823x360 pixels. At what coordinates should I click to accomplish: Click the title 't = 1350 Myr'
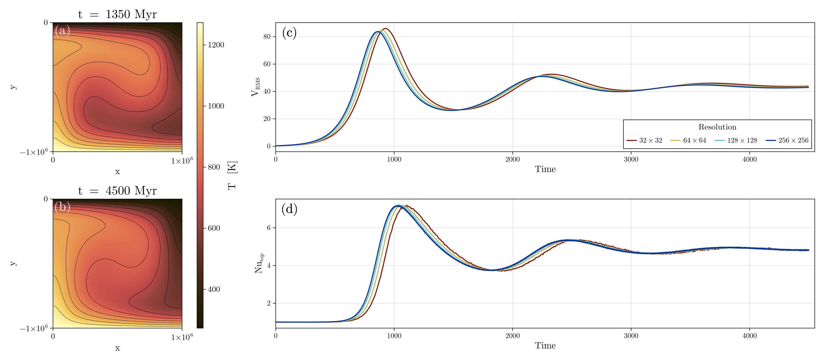(x=117, y=14)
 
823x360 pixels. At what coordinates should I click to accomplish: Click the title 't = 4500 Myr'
(x=117, y=191)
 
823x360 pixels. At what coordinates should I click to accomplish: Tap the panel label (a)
(x=62, y=31)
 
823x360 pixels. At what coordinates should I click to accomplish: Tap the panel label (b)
(x=62, y=207)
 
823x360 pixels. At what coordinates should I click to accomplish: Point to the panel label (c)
(x=289, y=33)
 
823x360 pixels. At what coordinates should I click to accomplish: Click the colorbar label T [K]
(x=232, y=175)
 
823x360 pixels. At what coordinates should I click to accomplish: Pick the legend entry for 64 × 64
(x=688, y=140)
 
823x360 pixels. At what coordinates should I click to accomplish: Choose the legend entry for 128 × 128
(x=736, y=140)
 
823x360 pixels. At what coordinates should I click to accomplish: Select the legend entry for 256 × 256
(x=787, y=140)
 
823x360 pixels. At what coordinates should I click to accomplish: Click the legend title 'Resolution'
(x=717, y=127)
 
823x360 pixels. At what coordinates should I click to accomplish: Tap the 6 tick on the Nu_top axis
(x=269, y=228)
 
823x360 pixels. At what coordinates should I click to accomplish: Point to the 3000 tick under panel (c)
(x=631, y=159)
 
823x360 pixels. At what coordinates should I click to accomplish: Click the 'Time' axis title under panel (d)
(x=545, y=346)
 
